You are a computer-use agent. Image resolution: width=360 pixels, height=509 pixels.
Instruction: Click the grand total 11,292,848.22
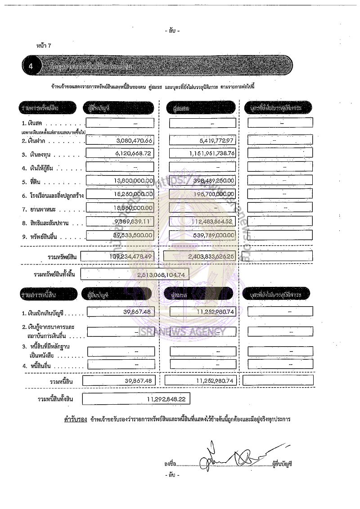click(x=166, y=399)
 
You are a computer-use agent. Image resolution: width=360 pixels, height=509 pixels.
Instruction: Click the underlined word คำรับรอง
click(x=75, y=419)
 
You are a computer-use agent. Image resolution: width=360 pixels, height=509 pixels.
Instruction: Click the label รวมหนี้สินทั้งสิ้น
click(x=56, y=399)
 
